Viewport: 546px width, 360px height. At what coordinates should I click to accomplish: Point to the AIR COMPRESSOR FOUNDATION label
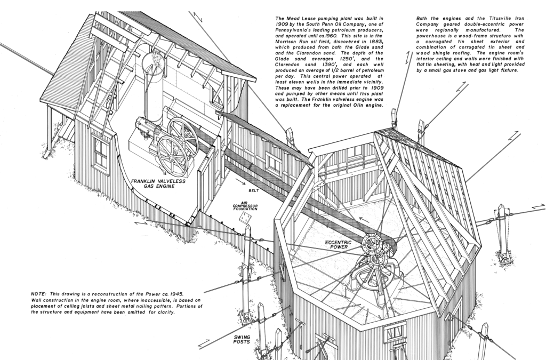pos(245,206)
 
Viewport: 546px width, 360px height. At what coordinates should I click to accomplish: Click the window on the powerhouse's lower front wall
pos(395,333)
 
